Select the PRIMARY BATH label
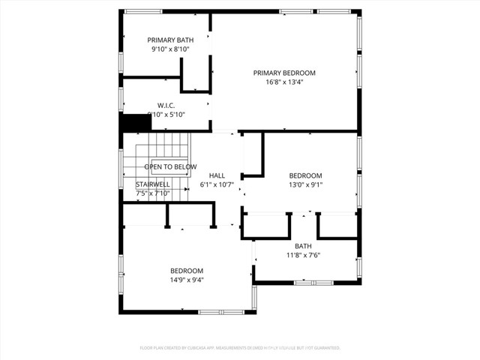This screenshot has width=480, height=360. point(169,40)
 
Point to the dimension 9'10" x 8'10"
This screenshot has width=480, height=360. point(169,49)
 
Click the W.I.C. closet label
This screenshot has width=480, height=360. point(166,105)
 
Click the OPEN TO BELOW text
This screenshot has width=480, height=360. point(170,166)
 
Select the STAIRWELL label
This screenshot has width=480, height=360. point(152,184)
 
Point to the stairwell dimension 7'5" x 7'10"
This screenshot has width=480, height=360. point(153,193)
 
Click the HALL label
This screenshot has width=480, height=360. point(217,175)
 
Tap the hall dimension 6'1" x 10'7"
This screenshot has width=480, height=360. point(217,184)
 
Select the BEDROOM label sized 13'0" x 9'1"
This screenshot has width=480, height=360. point(305,175)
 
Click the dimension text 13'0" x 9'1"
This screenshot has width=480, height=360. point(305,184)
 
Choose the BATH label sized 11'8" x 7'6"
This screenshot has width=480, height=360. point(303,245)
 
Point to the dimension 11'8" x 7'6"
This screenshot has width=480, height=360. point(303,255)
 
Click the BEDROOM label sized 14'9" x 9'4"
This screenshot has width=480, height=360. point(186,271)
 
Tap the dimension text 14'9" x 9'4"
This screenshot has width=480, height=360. point(187,280)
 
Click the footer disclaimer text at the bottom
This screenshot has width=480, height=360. point(240,348)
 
